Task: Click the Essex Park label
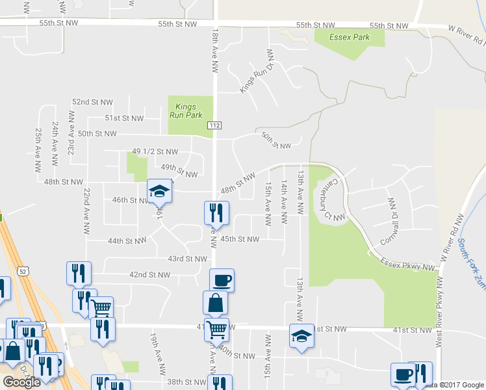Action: tap(350, 37)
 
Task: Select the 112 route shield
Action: tap(215, 124)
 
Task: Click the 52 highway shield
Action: tap(23, 255)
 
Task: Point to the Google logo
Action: tap(21, 382)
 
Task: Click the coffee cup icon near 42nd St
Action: tap(222, 280)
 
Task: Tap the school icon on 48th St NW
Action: tap(158, 190)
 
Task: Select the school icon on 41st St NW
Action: tap(301, 336)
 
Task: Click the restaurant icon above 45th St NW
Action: tap(216, 212)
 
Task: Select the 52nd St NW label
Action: tap(92, 103)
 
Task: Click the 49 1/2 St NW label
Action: tap(155, 151)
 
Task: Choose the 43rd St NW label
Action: tap(187, 259)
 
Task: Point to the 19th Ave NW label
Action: tap(155, 352)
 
